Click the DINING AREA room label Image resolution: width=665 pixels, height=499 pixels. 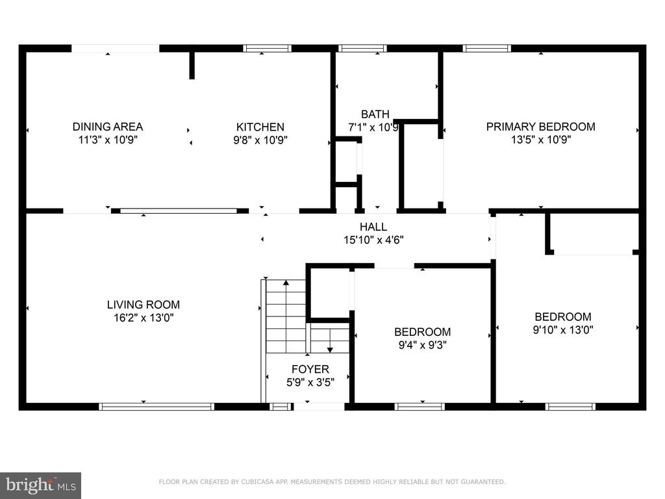pos(108,127)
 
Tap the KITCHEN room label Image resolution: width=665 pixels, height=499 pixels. pos(260,127)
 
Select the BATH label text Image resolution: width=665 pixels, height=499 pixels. pos(375,114)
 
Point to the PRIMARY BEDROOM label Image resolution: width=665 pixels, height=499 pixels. pos(540,127)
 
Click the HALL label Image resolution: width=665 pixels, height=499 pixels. pos(373,227)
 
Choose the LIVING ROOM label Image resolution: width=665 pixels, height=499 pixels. pos(144,305)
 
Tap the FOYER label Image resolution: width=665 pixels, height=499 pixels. pos(310,369)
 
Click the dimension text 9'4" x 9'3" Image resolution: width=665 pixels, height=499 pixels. pos(422,345)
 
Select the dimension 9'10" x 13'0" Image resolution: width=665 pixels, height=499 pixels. pos(563,329)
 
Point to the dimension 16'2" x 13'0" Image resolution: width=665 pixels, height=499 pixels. pos(144,317)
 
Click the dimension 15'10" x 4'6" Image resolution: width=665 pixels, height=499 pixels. pos(373,240)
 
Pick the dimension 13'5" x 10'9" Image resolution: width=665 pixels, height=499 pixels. pos(541,139)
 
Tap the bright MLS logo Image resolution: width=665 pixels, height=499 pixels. pos(41,485)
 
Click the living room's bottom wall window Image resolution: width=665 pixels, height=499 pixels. pos(157,407)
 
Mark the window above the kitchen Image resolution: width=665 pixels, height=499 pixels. pos(267,48)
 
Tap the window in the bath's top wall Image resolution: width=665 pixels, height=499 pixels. pos(362,48)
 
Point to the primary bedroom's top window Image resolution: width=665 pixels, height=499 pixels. pos(487,48)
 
